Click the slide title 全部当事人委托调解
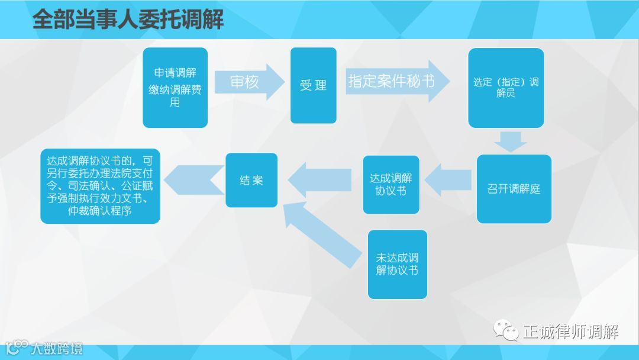128,20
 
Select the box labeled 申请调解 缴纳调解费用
175,88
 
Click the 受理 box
313,86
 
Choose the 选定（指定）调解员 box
506,88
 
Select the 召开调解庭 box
514,189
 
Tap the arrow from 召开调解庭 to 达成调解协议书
447,181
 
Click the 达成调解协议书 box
390,184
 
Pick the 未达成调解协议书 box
397,264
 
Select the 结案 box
251,180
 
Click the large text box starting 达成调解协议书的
100,186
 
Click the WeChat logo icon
506,329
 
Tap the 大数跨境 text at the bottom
57,348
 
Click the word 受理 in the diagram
313,86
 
